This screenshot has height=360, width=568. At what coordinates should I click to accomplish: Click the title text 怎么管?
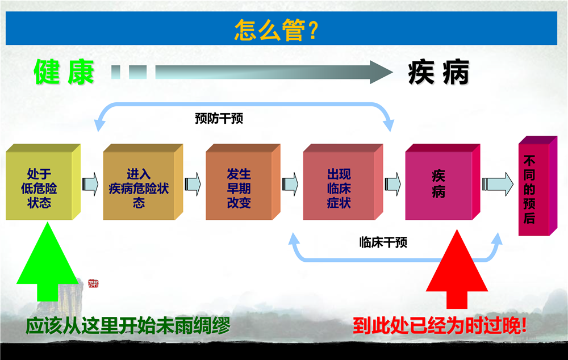point(276,30)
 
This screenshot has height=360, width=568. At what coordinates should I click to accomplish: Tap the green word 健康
point(64,72)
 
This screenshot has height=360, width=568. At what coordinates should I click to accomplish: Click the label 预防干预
point(219,119)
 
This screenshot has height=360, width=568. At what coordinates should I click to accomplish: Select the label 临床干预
point(383,242)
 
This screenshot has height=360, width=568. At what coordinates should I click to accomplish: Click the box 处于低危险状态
point(43,182)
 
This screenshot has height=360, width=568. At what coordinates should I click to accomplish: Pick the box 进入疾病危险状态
point(143,182)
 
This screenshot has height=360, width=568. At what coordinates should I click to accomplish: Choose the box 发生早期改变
point(243,182)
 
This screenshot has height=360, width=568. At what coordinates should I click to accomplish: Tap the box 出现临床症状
point(343,182)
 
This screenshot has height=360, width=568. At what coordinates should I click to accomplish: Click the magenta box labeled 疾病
point(442,182)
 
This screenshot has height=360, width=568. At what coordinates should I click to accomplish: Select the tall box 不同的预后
point(537,186)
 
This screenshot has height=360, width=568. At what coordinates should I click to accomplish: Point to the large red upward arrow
point(457,269)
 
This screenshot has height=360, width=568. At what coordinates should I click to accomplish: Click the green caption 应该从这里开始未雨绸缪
point(127,325)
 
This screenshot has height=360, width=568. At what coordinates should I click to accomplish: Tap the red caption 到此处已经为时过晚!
point(440,325)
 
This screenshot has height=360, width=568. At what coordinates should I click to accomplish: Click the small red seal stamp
point(94,283)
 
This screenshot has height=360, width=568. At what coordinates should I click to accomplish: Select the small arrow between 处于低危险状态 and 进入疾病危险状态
point(90,184)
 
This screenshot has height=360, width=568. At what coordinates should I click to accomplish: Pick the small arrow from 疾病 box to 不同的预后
point(498,184)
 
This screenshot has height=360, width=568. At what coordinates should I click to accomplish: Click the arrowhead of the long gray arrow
point(381,72)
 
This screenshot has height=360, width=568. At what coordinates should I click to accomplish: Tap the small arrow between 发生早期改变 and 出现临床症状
point(290,184)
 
